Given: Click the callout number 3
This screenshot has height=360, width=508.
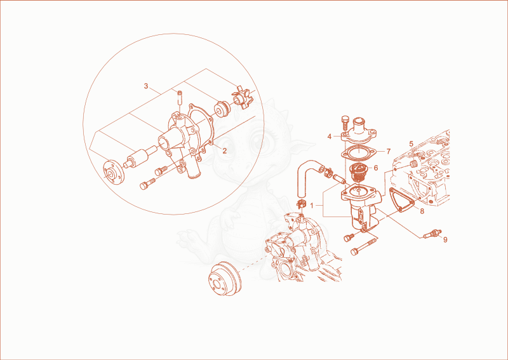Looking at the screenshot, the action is [146, 86].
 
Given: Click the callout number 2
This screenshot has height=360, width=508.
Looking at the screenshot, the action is [224, 150].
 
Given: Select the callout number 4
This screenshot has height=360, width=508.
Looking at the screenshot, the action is [330, 137].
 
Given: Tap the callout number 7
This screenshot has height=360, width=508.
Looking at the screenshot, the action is [389, 151].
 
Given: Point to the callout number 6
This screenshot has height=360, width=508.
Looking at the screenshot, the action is [376, 168].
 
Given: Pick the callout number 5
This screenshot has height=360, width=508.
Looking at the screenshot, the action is [411, 143].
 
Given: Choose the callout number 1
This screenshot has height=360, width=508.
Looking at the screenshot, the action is [312, 206].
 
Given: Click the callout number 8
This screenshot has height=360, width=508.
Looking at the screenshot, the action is [422, 211].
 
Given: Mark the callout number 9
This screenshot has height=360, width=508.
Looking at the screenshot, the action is [445, 239].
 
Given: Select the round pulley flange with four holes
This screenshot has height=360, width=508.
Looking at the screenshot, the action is [114, 173].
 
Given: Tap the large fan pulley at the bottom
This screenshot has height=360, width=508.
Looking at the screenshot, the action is [225, 278].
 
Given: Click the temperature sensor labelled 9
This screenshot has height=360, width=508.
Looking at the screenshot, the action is [432, 234].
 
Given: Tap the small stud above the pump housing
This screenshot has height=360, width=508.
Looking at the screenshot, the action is [180, 97].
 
